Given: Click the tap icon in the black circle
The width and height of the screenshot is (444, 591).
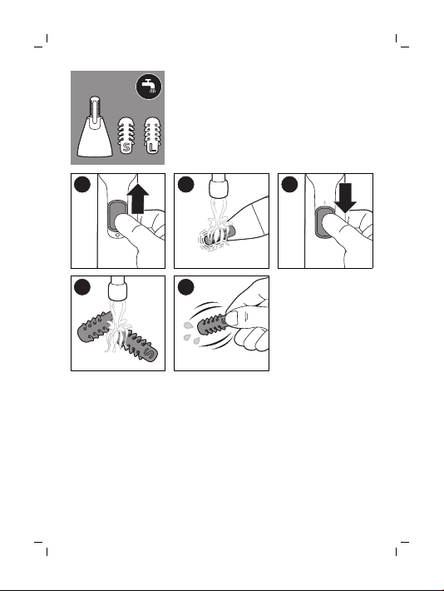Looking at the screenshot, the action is point(149,87).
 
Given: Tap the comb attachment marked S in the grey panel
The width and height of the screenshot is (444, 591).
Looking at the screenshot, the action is point(126,135).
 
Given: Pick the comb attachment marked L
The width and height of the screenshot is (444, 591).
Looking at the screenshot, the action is point(152,135).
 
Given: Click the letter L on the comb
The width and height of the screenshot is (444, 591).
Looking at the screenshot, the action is point(152,147).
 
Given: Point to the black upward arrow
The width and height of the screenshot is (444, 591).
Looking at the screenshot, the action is point(137,198).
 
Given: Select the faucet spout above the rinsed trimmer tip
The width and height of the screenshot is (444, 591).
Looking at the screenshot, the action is point(220,186).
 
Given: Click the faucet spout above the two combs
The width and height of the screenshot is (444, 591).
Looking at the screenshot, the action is point(118,288).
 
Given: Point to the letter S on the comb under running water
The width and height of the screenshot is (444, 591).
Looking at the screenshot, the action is point(149,355).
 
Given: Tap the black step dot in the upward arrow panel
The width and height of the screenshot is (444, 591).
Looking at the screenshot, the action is point(82,184).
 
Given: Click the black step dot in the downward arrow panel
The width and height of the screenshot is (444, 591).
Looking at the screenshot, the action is point(289,184).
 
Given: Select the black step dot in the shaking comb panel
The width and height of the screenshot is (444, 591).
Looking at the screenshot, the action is point(185,287).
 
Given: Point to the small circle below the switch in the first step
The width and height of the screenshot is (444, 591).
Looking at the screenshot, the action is point(117,235).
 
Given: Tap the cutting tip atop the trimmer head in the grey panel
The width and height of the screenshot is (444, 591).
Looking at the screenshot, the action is point(95,107).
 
